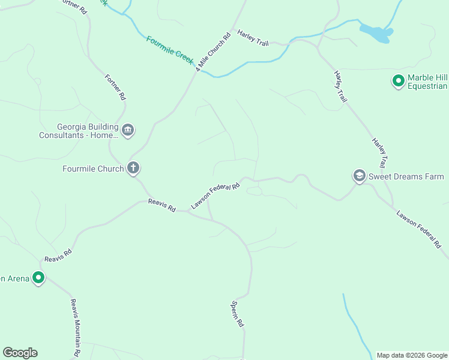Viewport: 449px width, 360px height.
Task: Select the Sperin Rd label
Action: (238, 314)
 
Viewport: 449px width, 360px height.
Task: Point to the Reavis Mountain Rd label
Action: (75, 326)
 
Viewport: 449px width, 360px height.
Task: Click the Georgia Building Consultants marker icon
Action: (127, 130)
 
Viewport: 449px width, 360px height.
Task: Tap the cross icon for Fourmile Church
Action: (133, 169)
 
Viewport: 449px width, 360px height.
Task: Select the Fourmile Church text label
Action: (93, 169)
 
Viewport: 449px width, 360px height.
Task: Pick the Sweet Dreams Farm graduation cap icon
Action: (359, 176)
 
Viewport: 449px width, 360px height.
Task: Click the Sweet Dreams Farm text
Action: (406, 176)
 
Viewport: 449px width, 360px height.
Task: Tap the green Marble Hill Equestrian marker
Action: (398, 81)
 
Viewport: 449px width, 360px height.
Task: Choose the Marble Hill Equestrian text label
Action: (427, 82)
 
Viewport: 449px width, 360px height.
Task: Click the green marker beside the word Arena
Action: (38, 278)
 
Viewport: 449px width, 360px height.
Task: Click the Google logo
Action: (20, 353)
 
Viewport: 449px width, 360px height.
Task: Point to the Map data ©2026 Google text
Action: (412, 355)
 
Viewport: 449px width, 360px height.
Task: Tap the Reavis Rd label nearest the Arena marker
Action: (58, 255)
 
